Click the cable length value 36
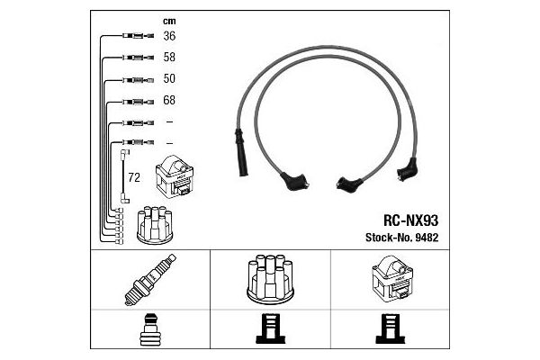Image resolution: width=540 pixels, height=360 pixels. [169, 36]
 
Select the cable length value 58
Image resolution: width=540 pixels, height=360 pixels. [169, 57]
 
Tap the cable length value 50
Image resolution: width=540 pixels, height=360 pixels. [169, 78]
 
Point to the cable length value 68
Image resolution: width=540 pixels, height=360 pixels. [169, 100]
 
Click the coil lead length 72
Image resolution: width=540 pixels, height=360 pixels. [134, 177]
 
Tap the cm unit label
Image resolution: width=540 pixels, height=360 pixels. [169, 22]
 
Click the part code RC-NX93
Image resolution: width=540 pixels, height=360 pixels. [410, 220]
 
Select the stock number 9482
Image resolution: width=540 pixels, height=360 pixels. [427, 238]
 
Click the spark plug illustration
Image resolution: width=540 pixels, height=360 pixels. [150, 280]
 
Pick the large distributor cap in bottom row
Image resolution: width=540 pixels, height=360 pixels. [270, 279]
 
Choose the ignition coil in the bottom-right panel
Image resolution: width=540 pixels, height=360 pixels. [391, 278]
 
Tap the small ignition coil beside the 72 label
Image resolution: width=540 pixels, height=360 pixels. [175, 176]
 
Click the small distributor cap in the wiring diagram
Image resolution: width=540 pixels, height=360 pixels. [155, 225]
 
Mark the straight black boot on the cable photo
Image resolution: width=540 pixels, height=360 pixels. [240, 153]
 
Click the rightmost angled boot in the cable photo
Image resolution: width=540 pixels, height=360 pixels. [407, 169]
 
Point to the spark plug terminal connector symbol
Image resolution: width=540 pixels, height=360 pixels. [149, 329]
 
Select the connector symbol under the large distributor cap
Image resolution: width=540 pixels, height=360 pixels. [270, 329]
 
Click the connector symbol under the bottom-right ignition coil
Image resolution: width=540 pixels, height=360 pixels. [391, 329]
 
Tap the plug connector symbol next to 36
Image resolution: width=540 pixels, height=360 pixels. [138, 35]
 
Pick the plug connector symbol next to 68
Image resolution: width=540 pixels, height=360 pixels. [138, 102]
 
